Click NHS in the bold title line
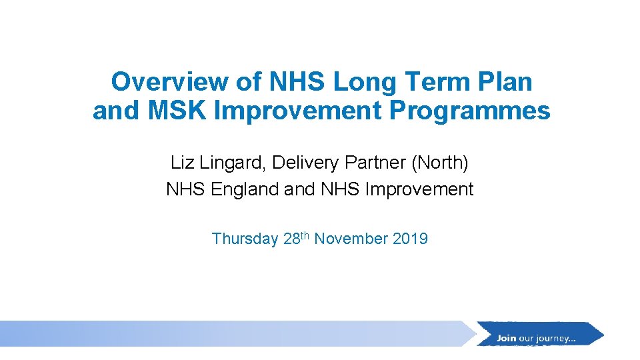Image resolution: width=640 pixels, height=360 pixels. click(x=297, y=82)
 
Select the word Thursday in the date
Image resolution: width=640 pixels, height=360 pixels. click(x=245, y=239)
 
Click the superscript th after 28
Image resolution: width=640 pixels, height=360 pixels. click(x=305, y=235)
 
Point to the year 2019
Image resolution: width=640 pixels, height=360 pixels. click(x=411, y=239)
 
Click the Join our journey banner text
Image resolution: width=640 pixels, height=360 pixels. click(x=536, y=338)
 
